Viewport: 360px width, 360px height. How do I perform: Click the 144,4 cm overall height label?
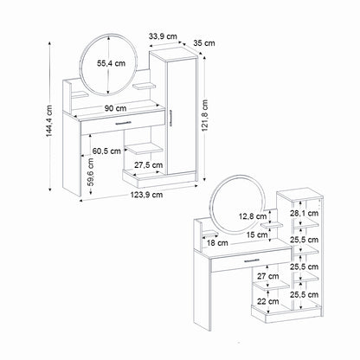(x=49, y=121)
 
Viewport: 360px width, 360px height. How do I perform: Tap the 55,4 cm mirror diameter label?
(x=112, y=63)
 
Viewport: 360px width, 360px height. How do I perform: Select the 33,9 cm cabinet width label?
(x=163, y=36)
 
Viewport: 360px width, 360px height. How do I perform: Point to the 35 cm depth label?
(x=204, y=43)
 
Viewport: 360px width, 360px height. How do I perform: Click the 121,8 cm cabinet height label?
(x=204, y=115)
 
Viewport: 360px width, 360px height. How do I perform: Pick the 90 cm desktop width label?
(x=115, y=108)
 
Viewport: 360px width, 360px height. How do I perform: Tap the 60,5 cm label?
(x=106, y=151)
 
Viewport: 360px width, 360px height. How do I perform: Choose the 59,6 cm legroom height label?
(x=91, y=172)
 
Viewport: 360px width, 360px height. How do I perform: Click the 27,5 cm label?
(x=149, y=165)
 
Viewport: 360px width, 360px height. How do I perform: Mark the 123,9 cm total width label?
(x=146, y=195)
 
